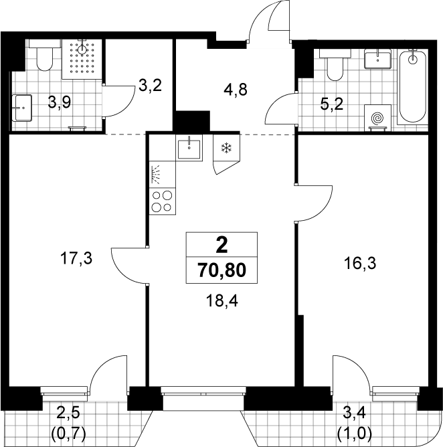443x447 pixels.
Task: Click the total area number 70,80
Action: [221, 270]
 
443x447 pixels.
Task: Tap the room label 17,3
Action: [76, 259]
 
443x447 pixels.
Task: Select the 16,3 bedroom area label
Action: [360, 263]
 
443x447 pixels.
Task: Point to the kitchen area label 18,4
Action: [221, 300]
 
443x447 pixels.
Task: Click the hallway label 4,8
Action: [235, 90]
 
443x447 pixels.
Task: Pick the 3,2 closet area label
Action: [151, 85]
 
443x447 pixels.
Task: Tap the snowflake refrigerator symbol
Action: [227, 148]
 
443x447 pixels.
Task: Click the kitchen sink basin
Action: [189, 149]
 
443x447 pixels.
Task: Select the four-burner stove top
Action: [162, 201]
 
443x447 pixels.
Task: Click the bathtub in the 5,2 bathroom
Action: [412, 87]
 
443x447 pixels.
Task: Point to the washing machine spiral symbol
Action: [377, 118]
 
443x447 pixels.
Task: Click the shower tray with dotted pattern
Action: [82, 59]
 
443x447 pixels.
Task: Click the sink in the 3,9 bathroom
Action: [21, 108]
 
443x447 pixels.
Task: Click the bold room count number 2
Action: [221, 246]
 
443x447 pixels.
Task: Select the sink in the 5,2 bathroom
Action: [377, 59]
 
